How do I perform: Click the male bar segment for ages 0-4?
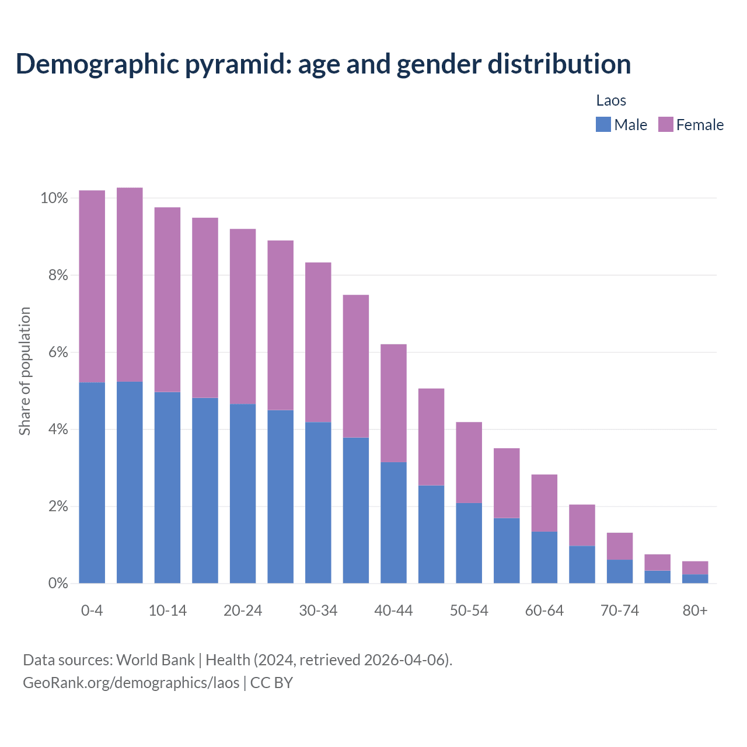92,483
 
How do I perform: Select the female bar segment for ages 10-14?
167,299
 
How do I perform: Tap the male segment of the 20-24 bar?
243,493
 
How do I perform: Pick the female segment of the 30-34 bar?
318,342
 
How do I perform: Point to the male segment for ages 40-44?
393,522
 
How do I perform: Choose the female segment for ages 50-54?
469,462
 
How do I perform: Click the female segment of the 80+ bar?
695,568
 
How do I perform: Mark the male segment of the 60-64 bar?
544,557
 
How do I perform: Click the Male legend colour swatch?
603,124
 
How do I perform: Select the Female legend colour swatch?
665,124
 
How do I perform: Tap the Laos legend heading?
611,100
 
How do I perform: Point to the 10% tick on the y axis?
54,198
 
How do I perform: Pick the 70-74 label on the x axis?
620,610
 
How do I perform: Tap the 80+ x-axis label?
695,610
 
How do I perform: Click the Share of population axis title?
25,371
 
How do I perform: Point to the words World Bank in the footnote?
155,660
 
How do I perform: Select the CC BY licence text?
271,683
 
